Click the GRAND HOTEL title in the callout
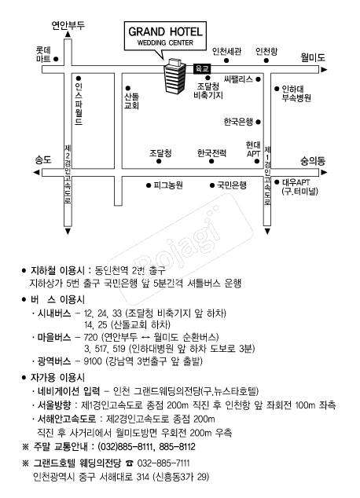165,31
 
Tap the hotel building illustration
174,76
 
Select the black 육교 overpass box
202,68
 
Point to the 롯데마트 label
43,54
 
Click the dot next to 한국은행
258,122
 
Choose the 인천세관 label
226,51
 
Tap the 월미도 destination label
313,57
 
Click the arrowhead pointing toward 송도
36,173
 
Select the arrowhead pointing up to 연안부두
68,35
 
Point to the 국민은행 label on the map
232,185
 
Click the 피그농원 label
168,185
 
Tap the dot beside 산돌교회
128,88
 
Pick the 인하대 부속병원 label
296,93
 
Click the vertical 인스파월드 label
79,104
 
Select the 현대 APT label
253,149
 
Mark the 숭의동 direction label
313,161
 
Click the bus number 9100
93,361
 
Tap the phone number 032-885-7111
163,463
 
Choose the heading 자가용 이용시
57,378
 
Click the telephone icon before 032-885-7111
130,463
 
